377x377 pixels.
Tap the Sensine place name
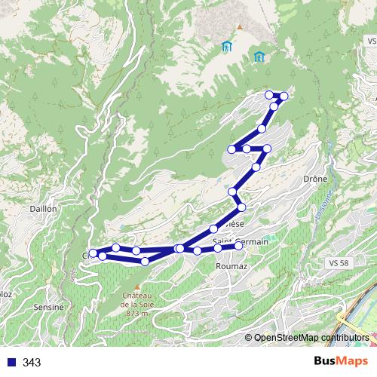tap(48, 308)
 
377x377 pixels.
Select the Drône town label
tap(313, 180)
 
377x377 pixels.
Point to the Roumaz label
tap(230, 266)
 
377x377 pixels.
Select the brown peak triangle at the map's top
tap(238, 29)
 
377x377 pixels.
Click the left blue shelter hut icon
tap(226, 46)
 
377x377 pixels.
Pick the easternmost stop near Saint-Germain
tap(239, 245)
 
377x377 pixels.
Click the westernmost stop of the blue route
tap(93, 253)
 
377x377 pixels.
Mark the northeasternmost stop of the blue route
tap(284, 96)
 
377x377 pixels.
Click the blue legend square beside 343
tap(11, 363)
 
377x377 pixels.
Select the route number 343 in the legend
tap(32, 363)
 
